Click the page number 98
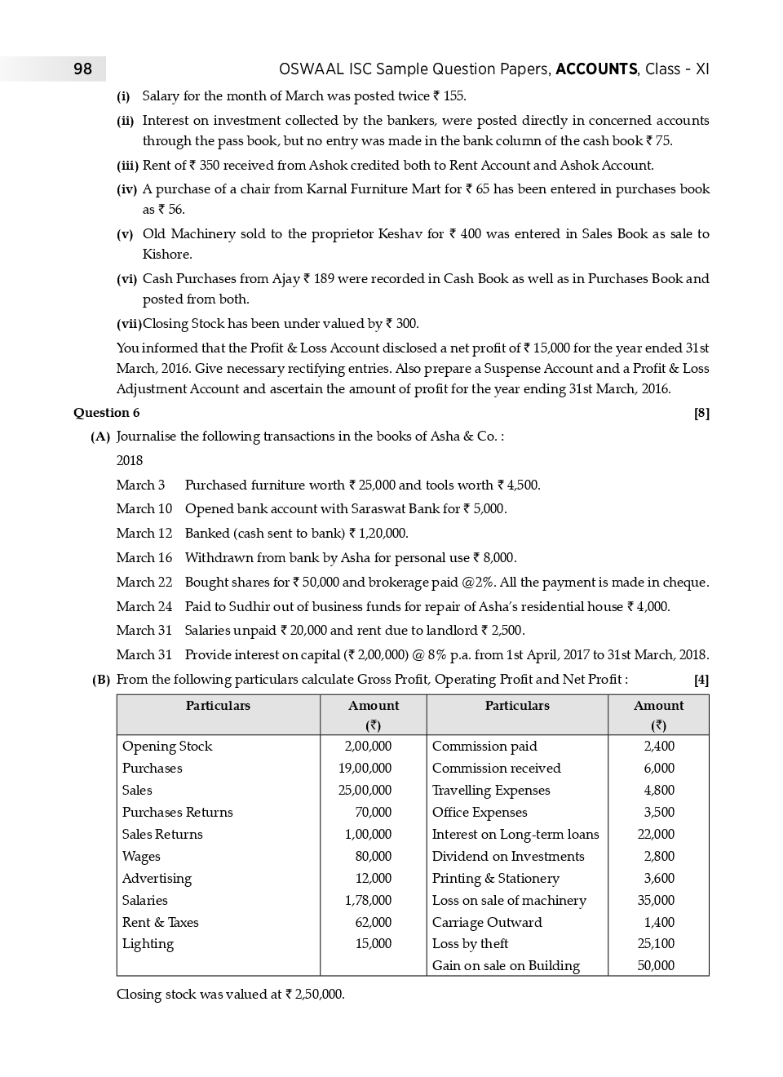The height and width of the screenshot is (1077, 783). (82, 69)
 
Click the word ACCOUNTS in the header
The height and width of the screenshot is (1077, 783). (596, 69)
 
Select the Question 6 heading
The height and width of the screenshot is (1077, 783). (106, 413)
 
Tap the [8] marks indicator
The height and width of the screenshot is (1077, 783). (701, 413)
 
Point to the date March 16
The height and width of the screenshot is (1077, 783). (144, 558)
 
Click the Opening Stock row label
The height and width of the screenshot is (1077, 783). (167, 747)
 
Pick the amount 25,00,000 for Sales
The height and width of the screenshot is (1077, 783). (365, 791)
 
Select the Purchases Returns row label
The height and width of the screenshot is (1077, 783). (177, 813)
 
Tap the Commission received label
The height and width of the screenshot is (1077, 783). (496, 769)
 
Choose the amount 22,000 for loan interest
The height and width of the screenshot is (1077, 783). (656, 835)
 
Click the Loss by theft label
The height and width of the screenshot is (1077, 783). (470, 944)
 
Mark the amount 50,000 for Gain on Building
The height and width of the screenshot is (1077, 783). (656, 966)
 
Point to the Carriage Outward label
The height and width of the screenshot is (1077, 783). (487, 923)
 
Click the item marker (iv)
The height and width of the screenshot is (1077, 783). (126, 189)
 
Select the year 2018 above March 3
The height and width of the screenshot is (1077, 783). (130, 461)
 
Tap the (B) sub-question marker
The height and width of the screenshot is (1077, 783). (100, 680)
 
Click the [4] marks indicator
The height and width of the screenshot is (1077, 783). (701, 680)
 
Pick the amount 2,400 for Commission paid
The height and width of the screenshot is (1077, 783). (659, 747)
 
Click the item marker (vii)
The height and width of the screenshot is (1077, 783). (129, 324)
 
